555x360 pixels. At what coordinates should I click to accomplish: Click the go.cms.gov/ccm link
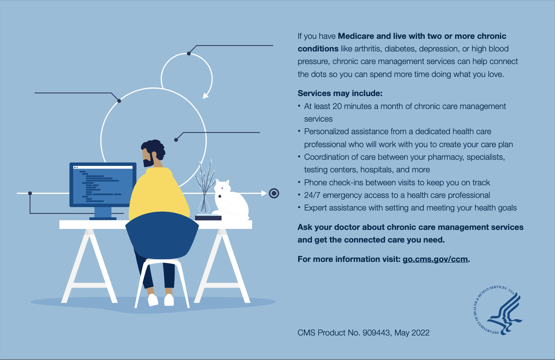pyautogui.click(x=435, y=259)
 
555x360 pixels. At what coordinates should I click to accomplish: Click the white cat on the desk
pyautogui.click(x=231, y=200)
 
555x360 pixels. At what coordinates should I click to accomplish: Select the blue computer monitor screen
pyautogui.click(x=103, y=185)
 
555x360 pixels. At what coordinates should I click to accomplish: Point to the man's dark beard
pyautogui.click(x=148, y=161)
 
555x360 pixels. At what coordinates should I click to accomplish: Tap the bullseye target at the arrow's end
pyautogui.click(x=274, y=193)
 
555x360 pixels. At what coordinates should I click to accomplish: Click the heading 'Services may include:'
pyautogui.click(x=340, y=93)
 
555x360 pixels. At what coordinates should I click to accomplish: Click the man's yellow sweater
pyautogui.click(x=158, y=193)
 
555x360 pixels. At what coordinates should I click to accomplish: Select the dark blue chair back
pyautogui.click(x=162, y=235)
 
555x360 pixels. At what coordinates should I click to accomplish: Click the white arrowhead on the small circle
pyautogui.click(x=206, y=95)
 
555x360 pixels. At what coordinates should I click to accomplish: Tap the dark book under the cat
pyautogui.click(x=208, y=218)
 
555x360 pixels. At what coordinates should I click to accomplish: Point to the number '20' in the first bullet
pyautogui.click(x=337, y=106)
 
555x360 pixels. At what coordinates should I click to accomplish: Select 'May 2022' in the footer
pyautogui.click(x=412, y=332)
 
